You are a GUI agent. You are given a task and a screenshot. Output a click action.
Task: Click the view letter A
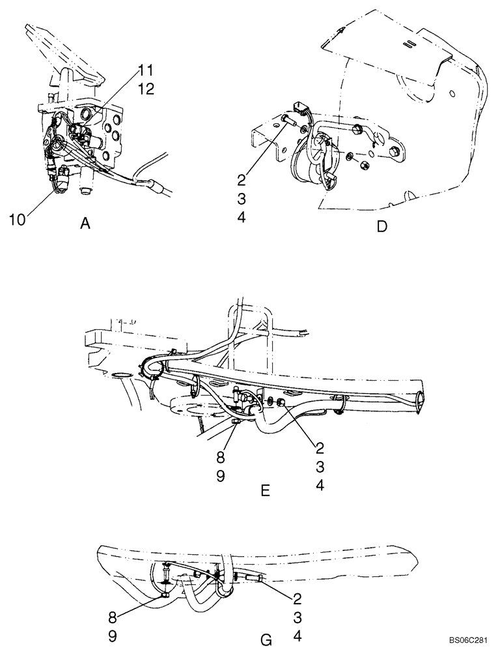84,224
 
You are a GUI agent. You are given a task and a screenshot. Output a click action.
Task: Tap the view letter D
382,226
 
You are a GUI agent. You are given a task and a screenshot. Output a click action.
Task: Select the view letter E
265,490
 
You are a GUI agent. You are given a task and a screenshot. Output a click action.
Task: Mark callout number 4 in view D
242,218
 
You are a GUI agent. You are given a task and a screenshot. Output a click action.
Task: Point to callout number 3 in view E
320,466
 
